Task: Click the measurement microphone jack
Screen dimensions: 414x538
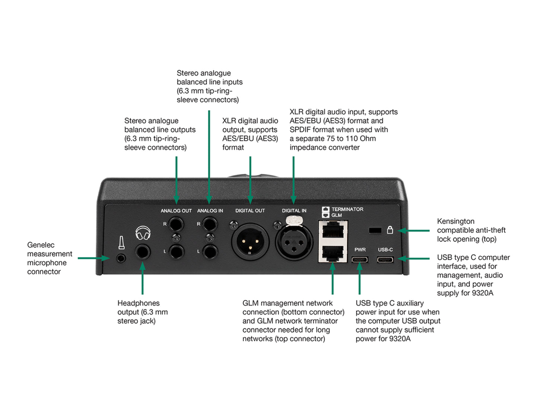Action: pos(121,258)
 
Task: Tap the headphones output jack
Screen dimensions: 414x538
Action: pos(143,252)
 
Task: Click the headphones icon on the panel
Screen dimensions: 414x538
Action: pos(143,233)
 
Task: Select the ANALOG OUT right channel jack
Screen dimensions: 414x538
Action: pos(176,224)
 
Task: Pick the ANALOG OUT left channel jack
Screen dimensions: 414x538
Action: pos(176,252)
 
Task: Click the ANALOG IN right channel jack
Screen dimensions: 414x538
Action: pos(210,224)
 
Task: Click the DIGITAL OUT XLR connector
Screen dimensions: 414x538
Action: pos(250,242)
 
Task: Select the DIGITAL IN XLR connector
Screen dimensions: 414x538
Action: pos(294,242)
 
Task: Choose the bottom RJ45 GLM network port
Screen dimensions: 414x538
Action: pos(333,253)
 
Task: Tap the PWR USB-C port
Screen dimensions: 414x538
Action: pos(360,259)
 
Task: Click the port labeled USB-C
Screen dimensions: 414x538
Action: pos(385,259)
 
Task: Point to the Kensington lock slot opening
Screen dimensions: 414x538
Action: pos(375,230)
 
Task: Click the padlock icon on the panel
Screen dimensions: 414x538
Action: pos(390,230)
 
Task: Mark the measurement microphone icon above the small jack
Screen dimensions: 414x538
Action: pos(121,242)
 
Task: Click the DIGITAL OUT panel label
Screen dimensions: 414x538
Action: pos(250,211)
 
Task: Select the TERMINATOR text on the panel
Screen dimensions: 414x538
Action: pos(347,209)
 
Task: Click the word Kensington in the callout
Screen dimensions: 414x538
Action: pos(455,222)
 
